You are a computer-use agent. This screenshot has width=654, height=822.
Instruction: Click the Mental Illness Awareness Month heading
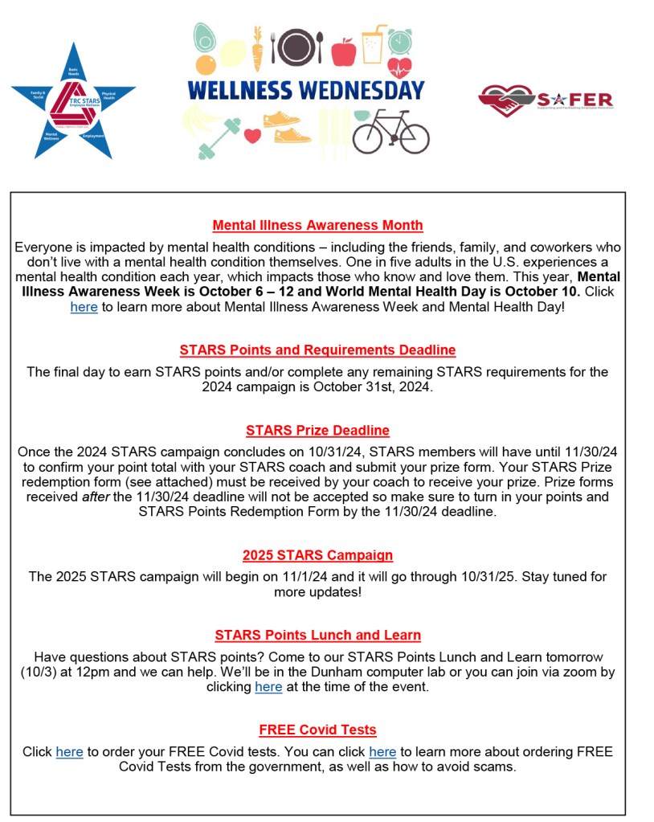pos(317,225)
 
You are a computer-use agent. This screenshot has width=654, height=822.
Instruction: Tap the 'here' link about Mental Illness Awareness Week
pos(84,307)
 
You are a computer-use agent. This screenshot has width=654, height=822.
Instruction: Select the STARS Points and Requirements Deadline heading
pos(317,350)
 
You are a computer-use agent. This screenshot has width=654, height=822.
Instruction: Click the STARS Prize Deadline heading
pos(317,430)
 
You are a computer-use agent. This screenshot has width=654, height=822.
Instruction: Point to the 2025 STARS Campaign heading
pos(317,555)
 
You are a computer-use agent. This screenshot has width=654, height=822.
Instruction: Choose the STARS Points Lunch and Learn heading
pos(317,635)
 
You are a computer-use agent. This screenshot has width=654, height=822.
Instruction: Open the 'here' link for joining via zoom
pos(268,686)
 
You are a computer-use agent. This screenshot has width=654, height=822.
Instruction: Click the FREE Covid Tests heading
pos(317,730)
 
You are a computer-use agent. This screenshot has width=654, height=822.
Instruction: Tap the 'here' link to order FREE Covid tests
pos(69,751)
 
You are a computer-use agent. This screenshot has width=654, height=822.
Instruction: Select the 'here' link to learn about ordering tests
pos(382,751)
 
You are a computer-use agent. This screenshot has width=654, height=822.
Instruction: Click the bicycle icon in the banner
pos(390,131)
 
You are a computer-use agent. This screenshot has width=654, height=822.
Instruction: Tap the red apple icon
pos(343,51)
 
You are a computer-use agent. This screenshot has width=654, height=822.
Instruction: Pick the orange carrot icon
pos(257,48)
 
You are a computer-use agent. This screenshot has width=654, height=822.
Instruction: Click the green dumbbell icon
pos(216,137)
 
